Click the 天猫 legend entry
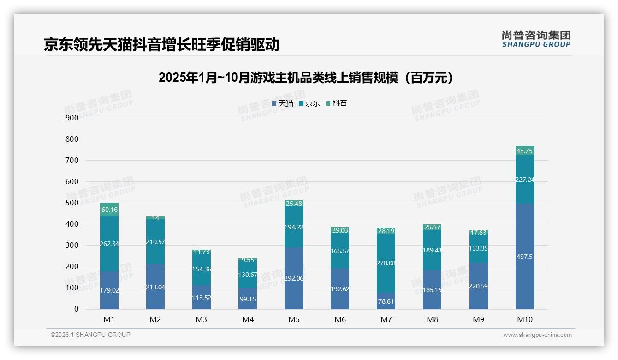click(x=283, y=103)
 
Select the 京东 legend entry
click(x=309, y=103)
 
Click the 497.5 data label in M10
click(x=524, y=257)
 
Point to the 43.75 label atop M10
click(x=524, y=151)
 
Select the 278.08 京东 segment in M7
click(x=386, y=263)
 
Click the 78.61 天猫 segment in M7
click(x=386, y=301)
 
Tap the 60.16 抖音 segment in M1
click(x=109, y=210)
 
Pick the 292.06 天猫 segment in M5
click(x=294, y=278)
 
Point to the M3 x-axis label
click(x=202, y=319)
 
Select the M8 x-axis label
click(x=432, y=319)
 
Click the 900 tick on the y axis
click(x=72, y=118)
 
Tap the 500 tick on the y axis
click(x=72, y=203)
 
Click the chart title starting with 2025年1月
click(x=308, y=78)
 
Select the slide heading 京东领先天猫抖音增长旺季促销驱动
click(x=161, y=44)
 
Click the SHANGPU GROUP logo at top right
click(x=536, y=39)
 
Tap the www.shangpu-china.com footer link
click(x=537, y=335)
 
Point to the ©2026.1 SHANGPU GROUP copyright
click(x=90, y=335)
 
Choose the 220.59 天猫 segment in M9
click(x=478, y=286)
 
